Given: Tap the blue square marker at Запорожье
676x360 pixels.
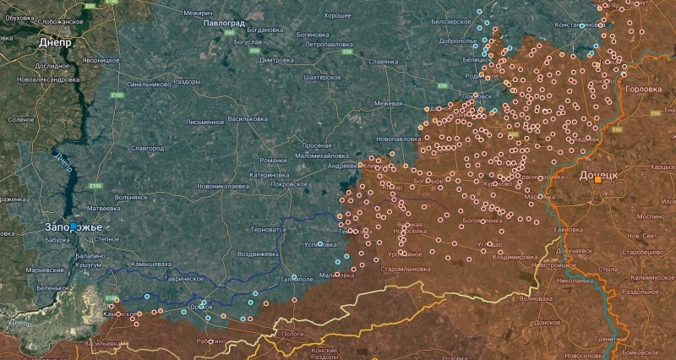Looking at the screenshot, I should click(x=74, y=226).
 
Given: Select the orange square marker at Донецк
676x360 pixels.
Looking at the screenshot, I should click(x=598, y=179).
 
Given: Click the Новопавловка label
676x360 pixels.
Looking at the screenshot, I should click(x=399, y=138).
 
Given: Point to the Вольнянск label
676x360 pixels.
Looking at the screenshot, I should click(x=131, y=197).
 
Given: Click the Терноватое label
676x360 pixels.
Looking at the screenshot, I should click(x=271, y=229).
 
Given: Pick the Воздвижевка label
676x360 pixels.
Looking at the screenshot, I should click(x=258, y=254).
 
